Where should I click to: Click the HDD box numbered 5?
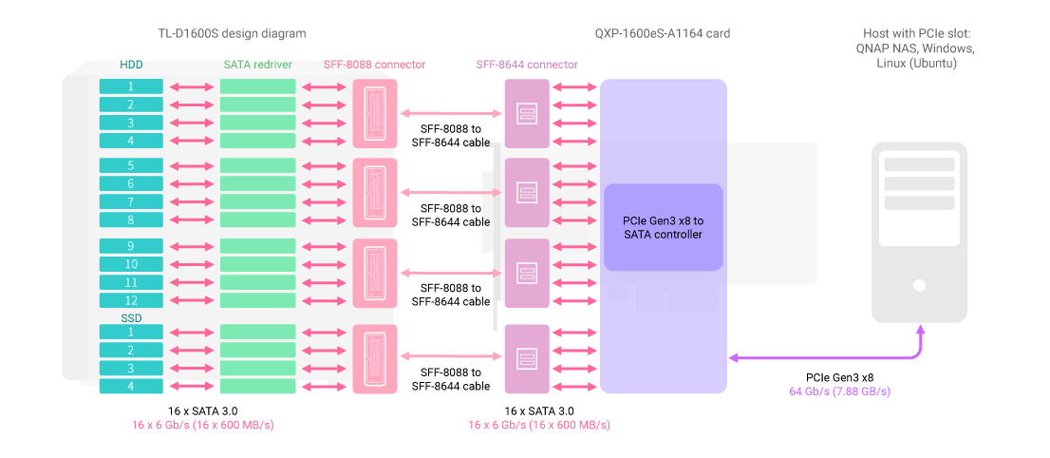(x=131, y=165)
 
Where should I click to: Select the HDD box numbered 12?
(x=131, y=300)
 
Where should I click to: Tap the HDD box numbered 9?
(x=131, y=246)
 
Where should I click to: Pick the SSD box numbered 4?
(x=131, y=387)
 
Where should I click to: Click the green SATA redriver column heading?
(x=257, y=65)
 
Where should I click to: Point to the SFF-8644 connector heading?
(x=527, y=65)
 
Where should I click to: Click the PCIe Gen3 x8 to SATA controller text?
(x=663, y=227)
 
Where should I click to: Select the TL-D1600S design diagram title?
(x=232, y=33)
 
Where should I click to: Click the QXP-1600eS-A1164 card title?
(x=663, y=33)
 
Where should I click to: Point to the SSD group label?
(x=131, y=316)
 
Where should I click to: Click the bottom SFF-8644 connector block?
(x=527, y=359)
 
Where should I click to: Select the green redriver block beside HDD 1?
(x=258, y=86)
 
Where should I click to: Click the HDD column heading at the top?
(x=131, y=65)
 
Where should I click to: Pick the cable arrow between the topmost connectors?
(x=451, y=113)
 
